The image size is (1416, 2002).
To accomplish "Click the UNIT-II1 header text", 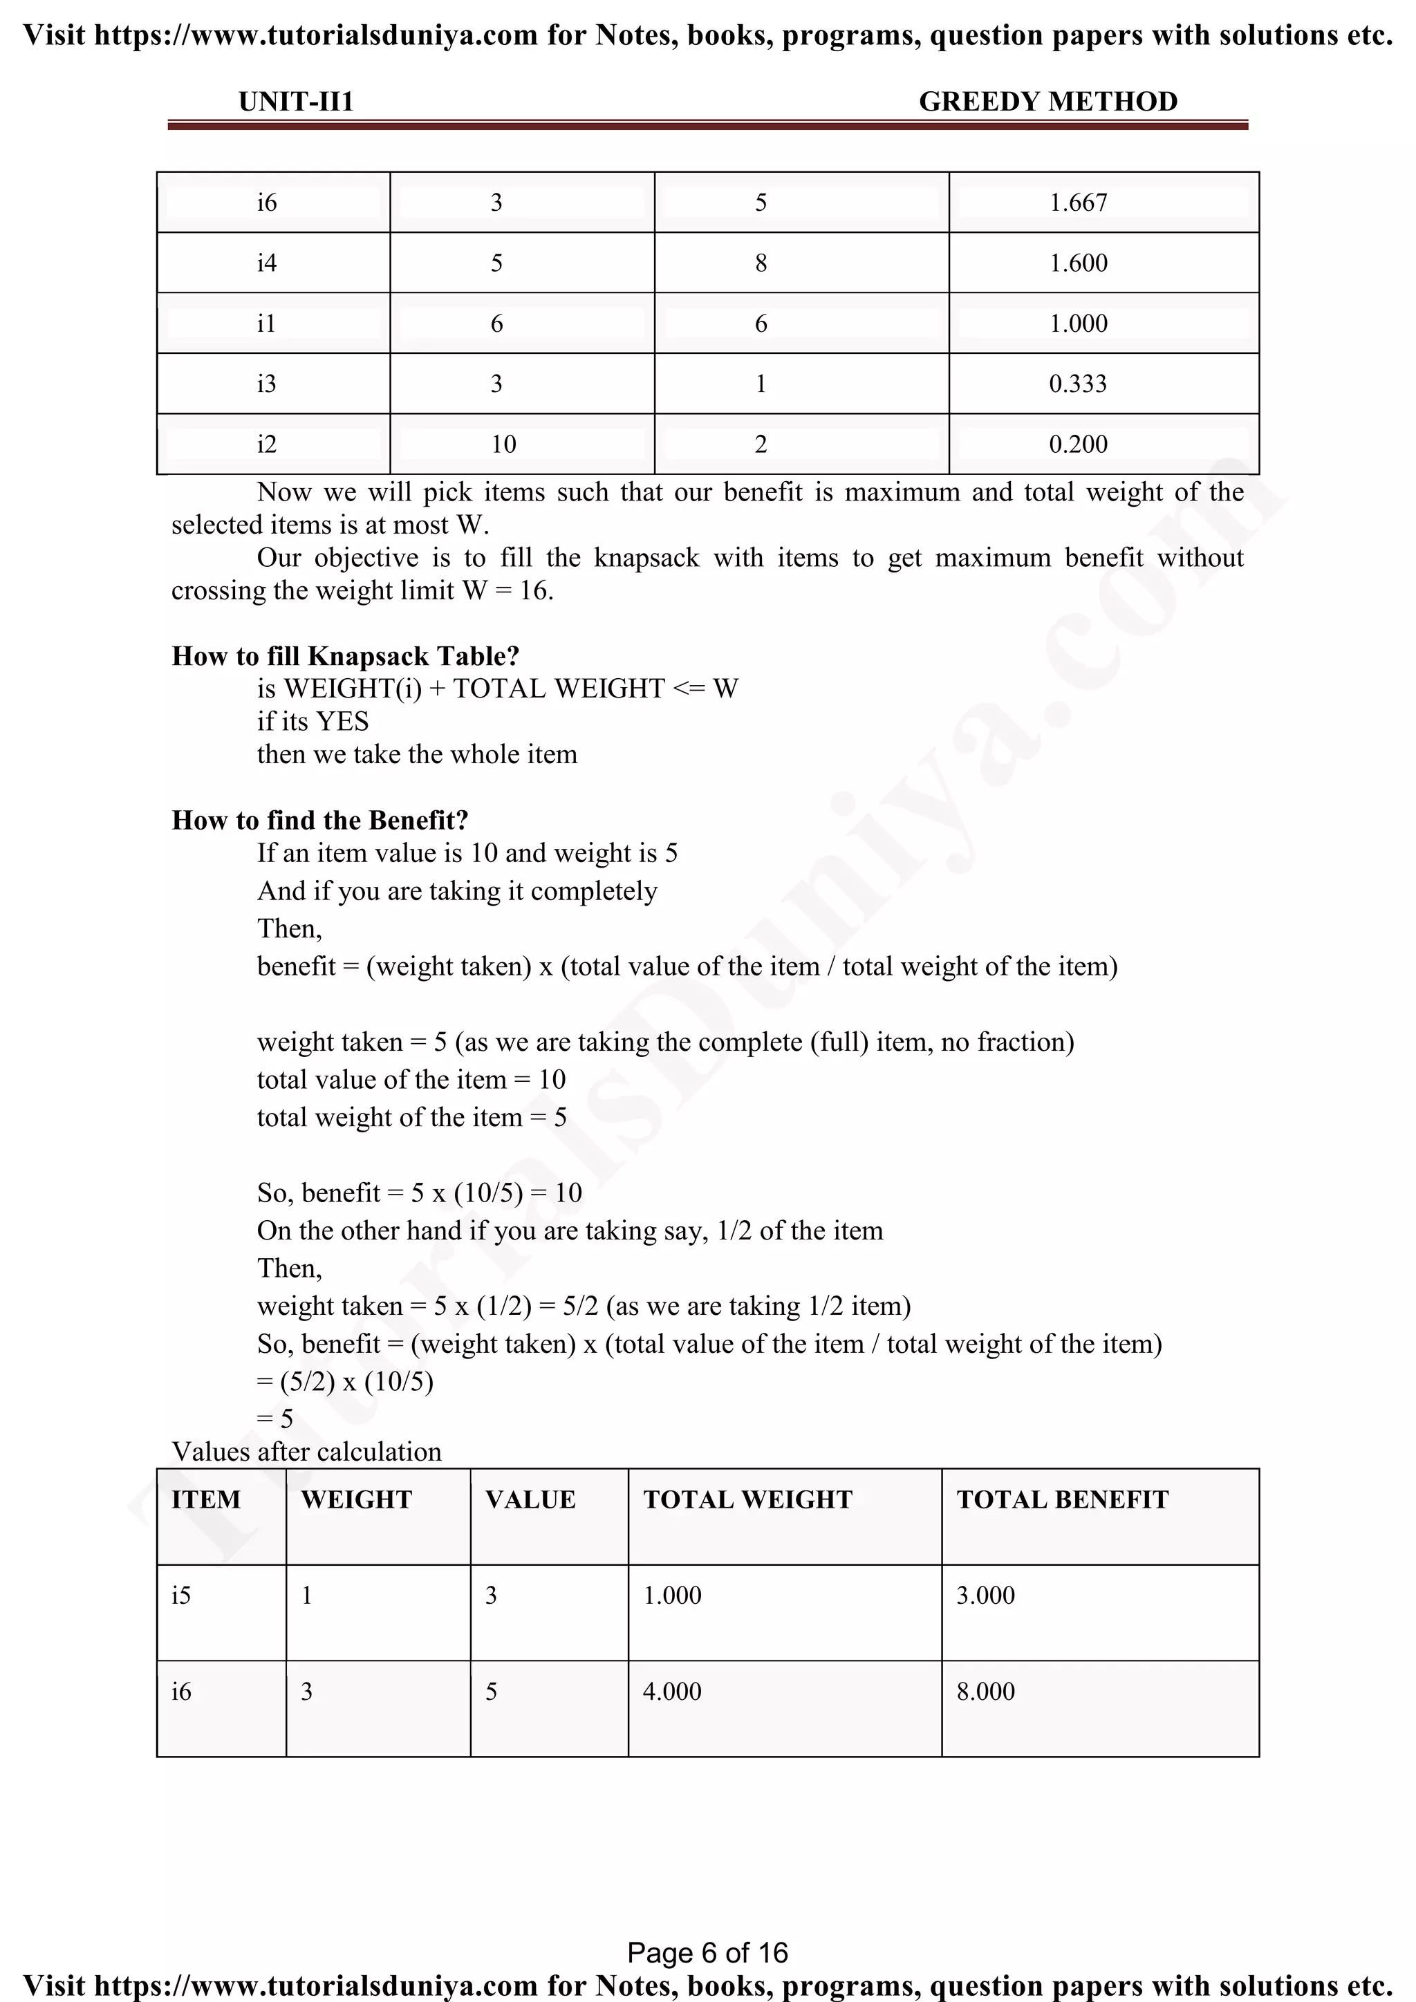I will (296, 102).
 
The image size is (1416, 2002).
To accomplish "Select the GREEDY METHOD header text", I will (1047, 102).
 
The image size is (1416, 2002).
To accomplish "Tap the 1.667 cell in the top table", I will (1078, 203).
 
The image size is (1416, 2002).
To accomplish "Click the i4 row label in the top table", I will (266, 263).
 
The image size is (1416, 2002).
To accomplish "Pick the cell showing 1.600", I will (1078, 263).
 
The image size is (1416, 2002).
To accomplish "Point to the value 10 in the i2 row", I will (503, 445).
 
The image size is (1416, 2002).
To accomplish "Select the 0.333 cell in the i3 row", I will (1078, 384).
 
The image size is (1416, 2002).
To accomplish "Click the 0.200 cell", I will (1078, 445).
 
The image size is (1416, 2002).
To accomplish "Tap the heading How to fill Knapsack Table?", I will (345, 657).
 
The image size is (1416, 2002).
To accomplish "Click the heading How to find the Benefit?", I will (320, 821).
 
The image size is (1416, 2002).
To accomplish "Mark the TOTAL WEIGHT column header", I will (747, 1499).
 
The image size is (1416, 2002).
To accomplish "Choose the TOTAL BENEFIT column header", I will (1062, 1499).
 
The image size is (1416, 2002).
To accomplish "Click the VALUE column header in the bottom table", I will (530, 1499).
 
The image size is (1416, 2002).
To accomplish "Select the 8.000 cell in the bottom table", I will (985, 1692).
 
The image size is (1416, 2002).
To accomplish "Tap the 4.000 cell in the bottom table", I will (671, 1692).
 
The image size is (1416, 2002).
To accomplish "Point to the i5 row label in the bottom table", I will (180, 1596).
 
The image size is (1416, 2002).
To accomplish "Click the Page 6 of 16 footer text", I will (707, 1952).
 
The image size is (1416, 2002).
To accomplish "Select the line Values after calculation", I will (306, 1452).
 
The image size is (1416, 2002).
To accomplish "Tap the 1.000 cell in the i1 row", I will (1078, 324).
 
